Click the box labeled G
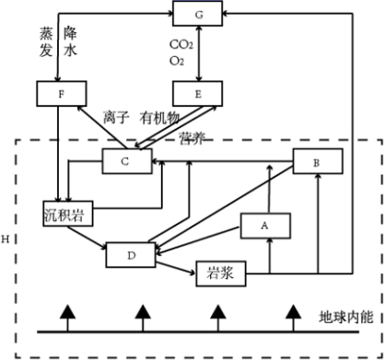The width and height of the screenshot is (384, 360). pos(197,13)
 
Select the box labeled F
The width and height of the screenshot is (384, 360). pos(62,94)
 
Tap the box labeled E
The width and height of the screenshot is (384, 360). pos(198,94)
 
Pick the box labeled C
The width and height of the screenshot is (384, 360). pos(127,161)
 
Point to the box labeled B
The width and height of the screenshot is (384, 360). pos(318,161)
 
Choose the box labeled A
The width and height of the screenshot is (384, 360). pos(265,226)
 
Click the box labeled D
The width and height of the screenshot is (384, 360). pos(131,255)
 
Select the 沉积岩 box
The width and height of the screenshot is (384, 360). pos(68,214)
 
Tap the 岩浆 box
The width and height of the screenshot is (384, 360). pos(221,273)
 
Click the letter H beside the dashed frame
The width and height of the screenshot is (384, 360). pos(6,239)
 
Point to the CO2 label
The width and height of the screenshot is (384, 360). pos(181,45)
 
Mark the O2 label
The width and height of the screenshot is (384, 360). pos(177,61)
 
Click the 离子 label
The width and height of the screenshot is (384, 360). pos(116,118)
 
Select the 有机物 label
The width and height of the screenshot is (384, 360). pos(159,118)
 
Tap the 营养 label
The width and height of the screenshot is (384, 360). pos(192,138)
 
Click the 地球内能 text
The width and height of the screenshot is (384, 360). pos(346,317)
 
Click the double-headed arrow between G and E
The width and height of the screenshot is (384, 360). pos(199,53)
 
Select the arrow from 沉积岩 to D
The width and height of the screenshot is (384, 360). pos(87,237)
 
